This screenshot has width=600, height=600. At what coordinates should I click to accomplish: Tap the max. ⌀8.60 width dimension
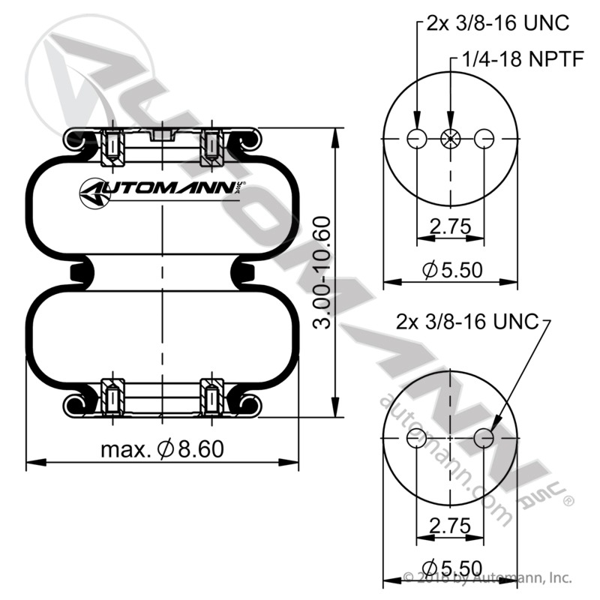[162, 449]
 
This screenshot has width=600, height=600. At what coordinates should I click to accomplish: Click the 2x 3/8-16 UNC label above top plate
[498, 23]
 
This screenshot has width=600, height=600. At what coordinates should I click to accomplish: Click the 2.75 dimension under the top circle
[450, 226]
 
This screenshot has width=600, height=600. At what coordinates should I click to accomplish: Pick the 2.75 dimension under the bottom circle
[450, 524]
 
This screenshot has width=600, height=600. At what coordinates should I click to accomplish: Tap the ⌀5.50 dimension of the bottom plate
[451, 568]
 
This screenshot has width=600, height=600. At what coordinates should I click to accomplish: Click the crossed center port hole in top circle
[450, 139]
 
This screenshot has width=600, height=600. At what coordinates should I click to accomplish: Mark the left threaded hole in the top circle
[415, 139]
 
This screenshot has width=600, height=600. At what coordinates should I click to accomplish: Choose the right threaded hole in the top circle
[484, 139]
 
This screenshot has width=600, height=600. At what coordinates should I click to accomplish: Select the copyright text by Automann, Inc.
[487, 578]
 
